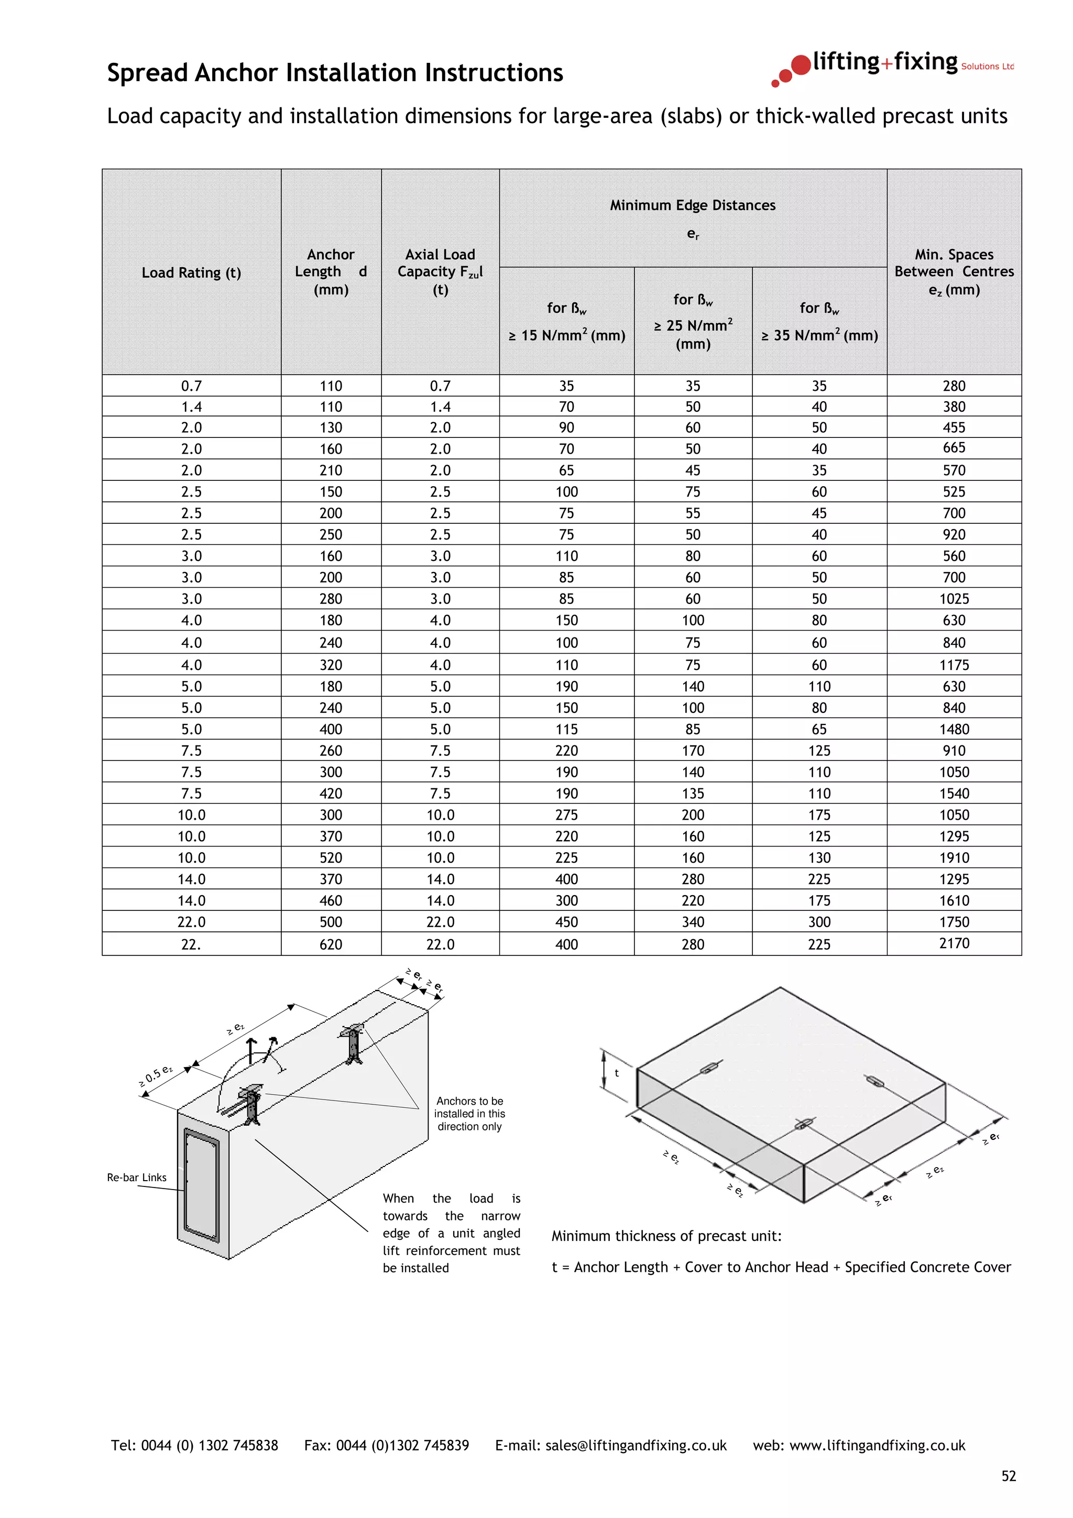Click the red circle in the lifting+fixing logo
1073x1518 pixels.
point(801,65)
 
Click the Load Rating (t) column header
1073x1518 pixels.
point(191,272)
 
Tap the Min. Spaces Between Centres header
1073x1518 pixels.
point(954,272)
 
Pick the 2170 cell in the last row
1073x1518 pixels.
point(954,943)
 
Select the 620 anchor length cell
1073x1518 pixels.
point(331,944)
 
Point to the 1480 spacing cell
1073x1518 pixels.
point(954,729)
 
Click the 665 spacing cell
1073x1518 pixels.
point(954,448)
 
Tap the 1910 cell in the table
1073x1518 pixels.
point(954,857)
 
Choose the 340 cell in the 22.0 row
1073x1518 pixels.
point(692,922)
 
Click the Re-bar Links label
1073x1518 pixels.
point(137,1178)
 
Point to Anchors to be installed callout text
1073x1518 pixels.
point(469,1114)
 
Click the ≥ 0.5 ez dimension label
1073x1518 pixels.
point(156,1076)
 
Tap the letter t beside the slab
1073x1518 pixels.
point(616,1073)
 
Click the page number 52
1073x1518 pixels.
point(1008,1476)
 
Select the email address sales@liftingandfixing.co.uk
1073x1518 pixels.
point(636,1445)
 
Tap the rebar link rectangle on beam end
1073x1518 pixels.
point(202,1185)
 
